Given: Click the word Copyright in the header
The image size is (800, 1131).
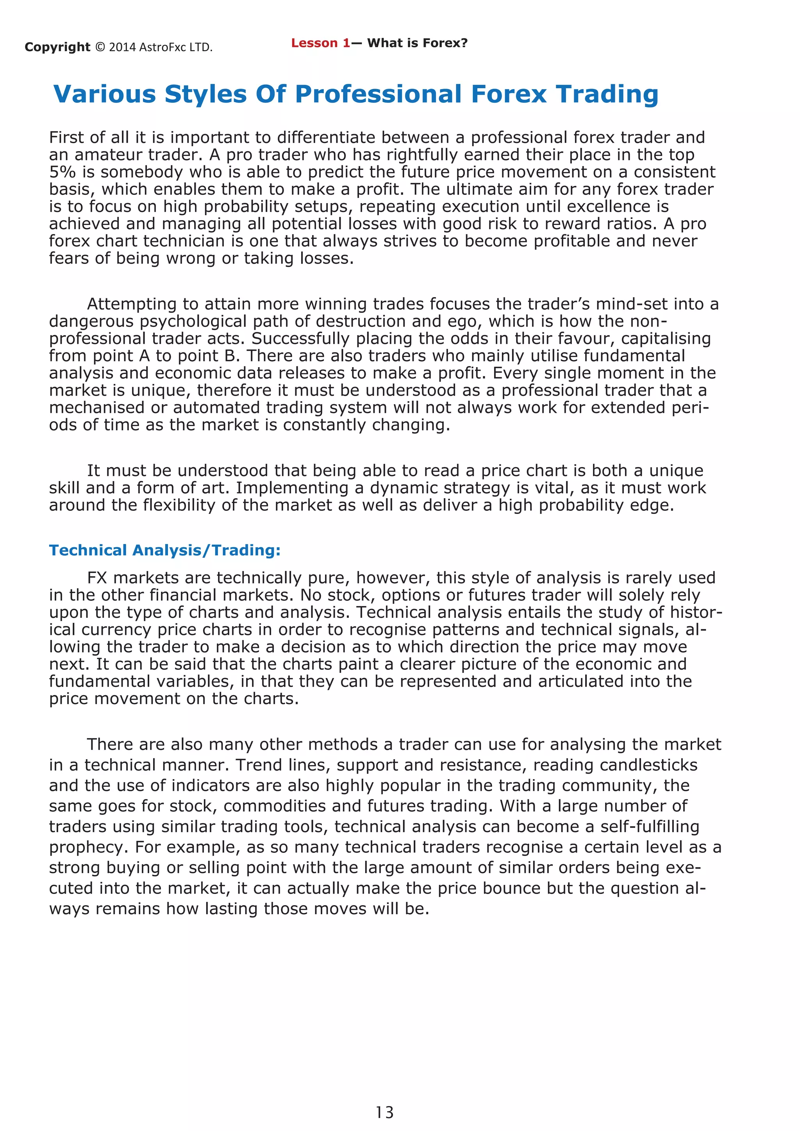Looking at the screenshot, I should pyautogui.click(x=57, y=47).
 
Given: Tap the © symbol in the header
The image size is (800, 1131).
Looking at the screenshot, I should pyautogui.click(x=100, y=47).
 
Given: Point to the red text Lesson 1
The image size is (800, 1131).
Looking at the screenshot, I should pyautogui.click(x=320, y=43).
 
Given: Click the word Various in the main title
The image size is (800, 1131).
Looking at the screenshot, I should pyautogui.click(x=104, y=94).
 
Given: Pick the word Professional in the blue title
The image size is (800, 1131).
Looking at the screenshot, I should pyautogui.click(x=378, y=94).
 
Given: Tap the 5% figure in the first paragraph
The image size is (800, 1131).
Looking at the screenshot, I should pyautogui.click(x=62, y=172).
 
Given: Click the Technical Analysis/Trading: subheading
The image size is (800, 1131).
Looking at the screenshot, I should pyautogui.click(x=164, y=550).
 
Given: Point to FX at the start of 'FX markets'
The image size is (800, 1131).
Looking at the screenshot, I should pyautogui.click(x=97, y=578).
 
